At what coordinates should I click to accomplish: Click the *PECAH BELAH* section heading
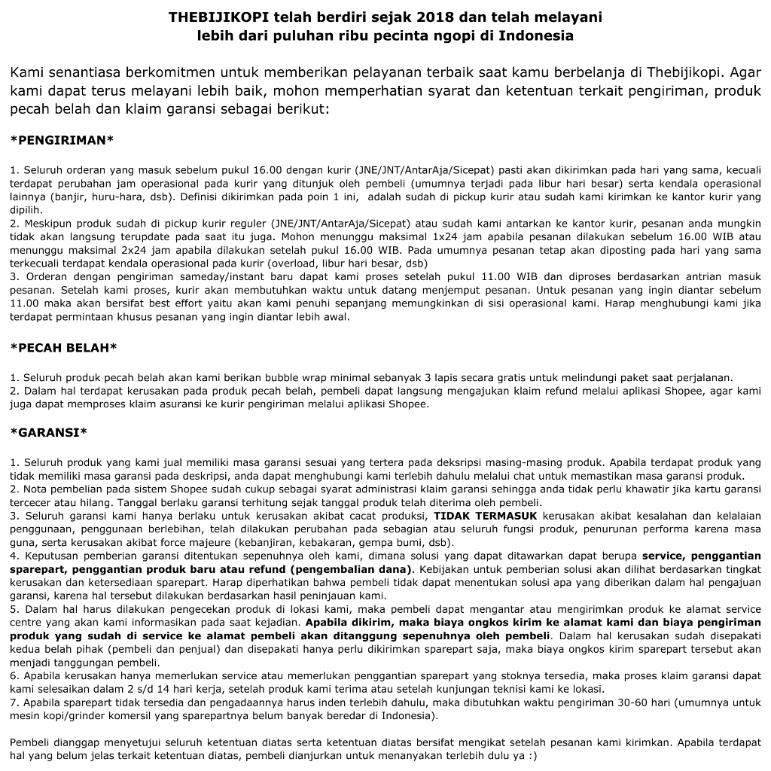63,347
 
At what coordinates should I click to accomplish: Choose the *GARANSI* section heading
48,432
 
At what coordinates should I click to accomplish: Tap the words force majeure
205,543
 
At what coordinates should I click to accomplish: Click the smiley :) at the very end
533,756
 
